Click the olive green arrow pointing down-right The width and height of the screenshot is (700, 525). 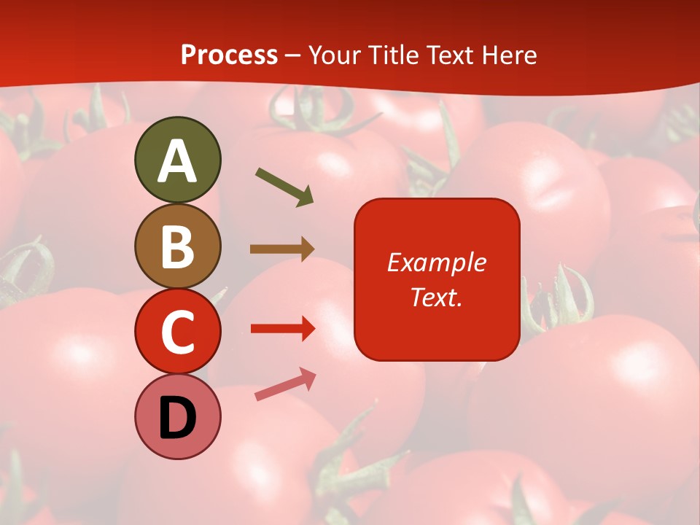(284, 186)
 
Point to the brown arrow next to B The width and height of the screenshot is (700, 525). (282, 249)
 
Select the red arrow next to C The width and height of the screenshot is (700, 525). (282, 329)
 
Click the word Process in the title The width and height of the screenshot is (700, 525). (229, 55)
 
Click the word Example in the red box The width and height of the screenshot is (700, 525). (436, 262)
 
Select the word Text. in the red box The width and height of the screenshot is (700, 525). (436, 297)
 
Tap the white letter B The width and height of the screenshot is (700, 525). (177, 246)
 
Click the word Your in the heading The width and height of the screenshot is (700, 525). (335, 55)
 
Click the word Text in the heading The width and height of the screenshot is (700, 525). (448, 55)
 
